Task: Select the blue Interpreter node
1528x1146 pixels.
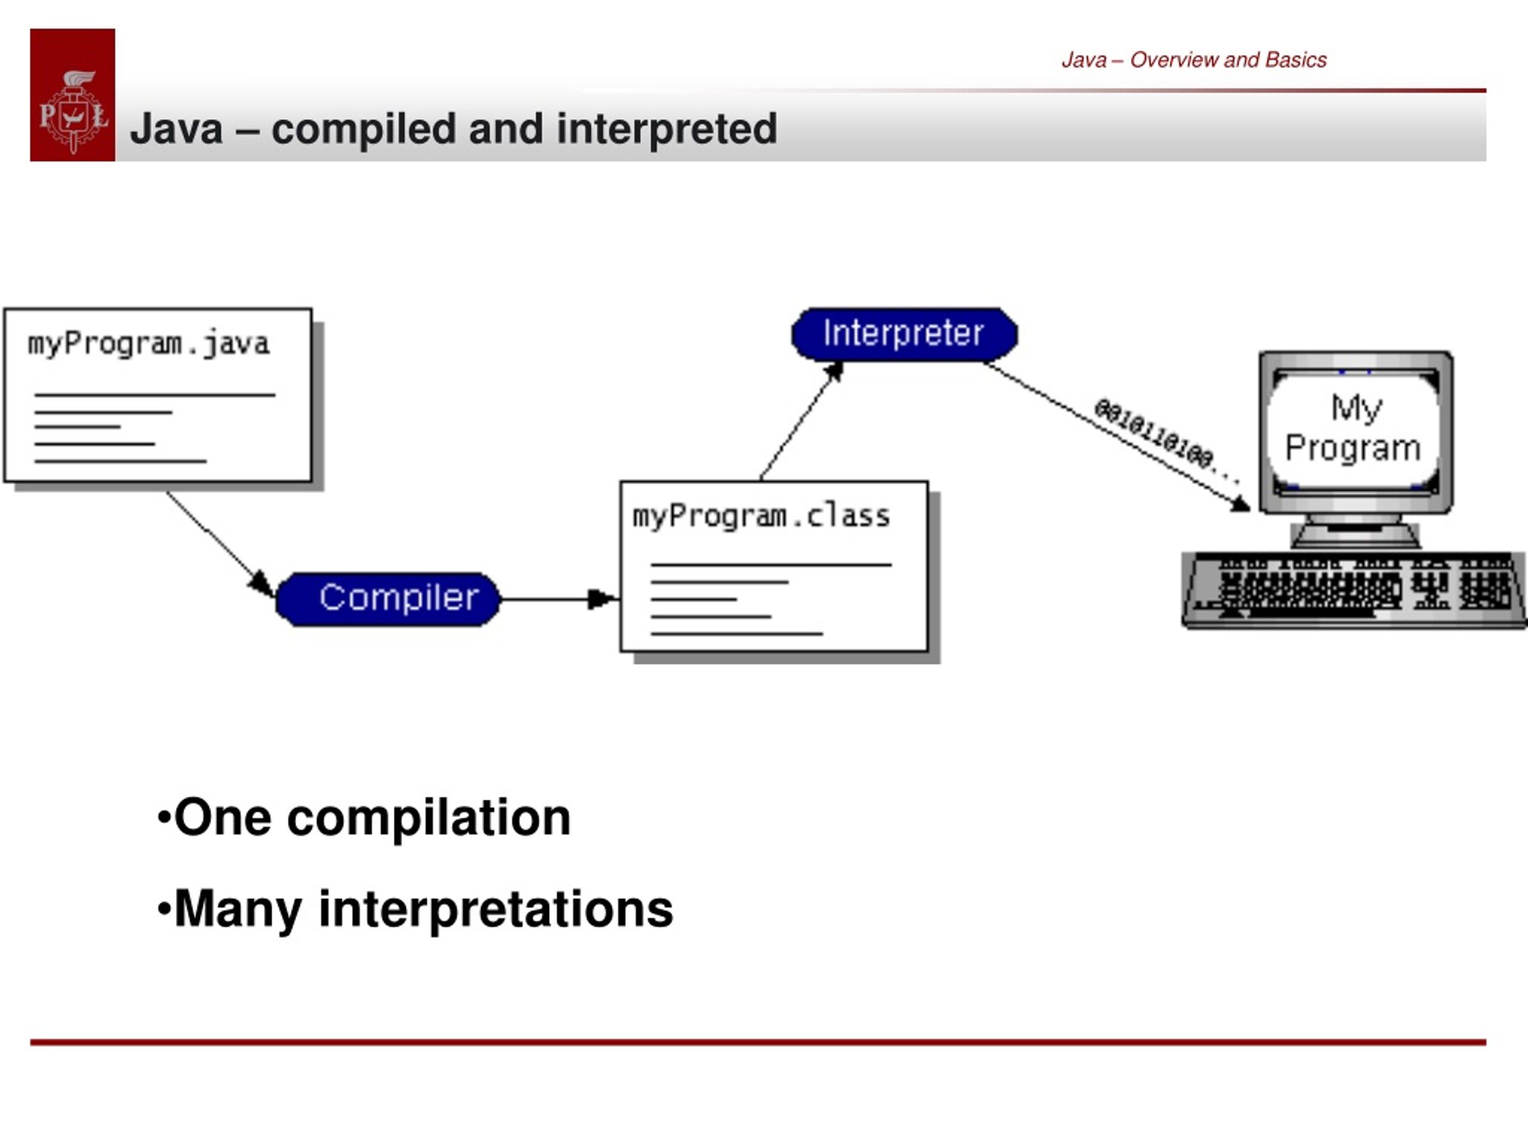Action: coord(904,334)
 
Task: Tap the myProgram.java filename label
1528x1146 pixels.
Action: coord(149,344)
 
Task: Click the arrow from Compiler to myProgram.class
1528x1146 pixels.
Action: coord(558,599)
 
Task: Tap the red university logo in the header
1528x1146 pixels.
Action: coord(73,95)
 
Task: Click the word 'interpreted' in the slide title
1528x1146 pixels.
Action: coord(667,129)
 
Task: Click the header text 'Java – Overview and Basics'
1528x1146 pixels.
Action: coord(1194,60)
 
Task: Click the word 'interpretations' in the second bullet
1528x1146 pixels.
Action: coord(495,910)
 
